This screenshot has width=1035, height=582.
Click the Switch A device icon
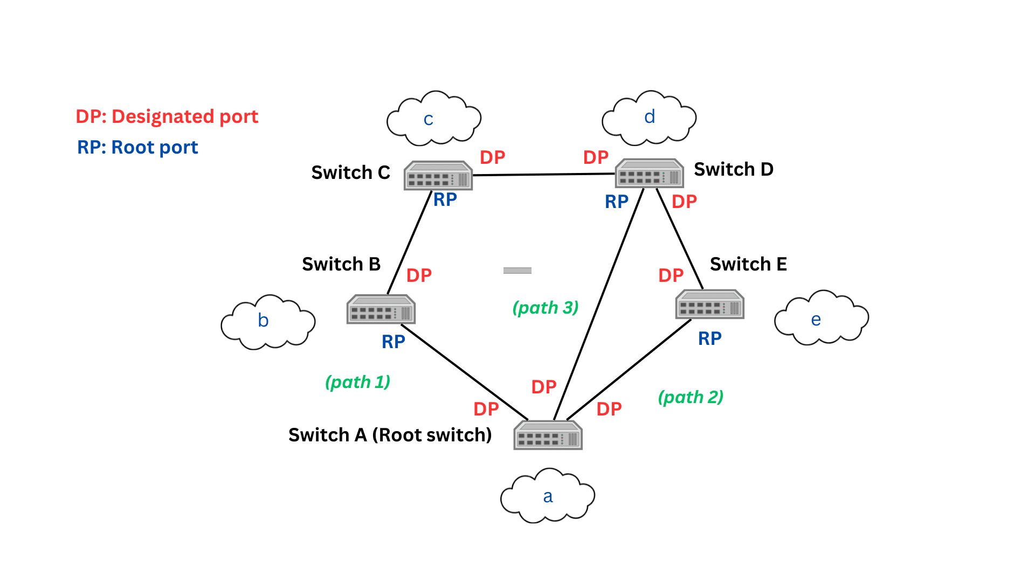(548, 435)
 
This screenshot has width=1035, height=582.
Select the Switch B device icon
(381, 309)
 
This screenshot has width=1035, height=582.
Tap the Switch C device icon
(438, 176)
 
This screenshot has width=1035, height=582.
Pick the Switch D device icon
(649, 173)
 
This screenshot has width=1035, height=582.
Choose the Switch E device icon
(709, 304)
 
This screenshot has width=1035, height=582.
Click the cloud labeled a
(548, 496)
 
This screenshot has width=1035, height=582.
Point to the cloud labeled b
(268, 322)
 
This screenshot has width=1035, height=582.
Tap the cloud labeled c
(433, 119)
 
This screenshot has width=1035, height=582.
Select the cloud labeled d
(649, 118)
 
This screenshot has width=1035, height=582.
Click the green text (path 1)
(357, 382)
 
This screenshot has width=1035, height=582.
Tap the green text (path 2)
(691, 397)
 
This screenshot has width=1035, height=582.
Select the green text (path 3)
(545, 308)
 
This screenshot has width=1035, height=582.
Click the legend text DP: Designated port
(167, 116)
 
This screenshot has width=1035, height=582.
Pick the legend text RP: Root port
(137, 147)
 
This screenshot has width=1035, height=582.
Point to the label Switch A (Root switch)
(390, 435)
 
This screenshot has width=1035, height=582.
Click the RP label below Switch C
(445, 200)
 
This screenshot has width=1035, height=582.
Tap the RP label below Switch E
(709, 338)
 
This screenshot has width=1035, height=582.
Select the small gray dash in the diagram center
(517, 271)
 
